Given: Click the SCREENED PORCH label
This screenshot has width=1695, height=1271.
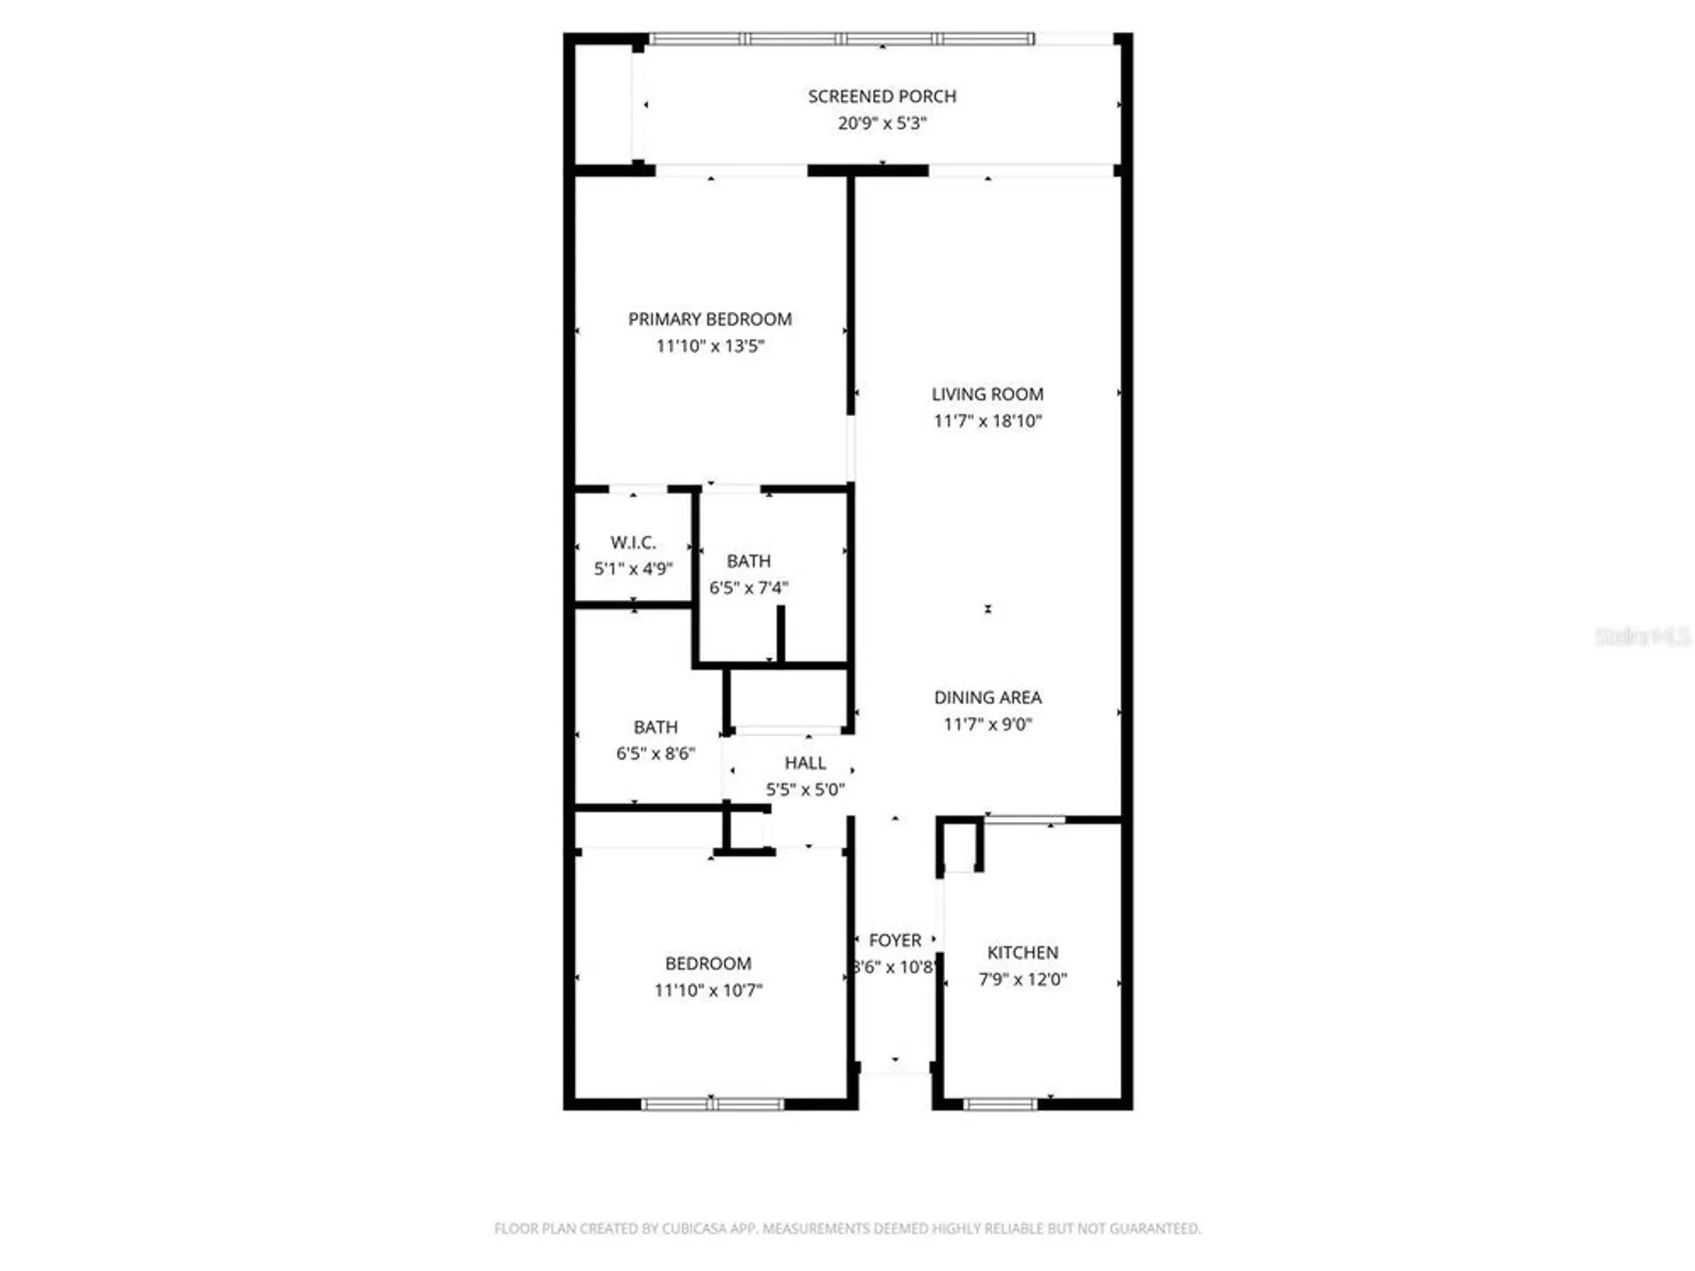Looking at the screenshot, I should tap(881, 97).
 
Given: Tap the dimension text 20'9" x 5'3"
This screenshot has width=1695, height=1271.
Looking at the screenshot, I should tap(881, 123).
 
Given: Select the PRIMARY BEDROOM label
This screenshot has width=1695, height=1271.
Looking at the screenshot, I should tap(709, 319).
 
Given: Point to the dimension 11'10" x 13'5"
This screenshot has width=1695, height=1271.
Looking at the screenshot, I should tap(709, 346).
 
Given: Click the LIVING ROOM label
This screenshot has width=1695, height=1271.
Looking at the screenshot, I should tap(987, 394).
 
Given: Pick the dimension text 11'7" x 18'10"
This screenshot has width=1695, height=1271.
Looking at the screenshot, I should tap(987, 421).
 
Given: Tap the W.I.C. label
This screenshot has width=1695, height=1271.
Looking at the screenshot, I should tap(632, 542).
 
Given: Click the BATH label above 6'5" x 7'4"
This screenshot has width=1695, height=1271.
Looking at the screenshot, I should tap(748, 561).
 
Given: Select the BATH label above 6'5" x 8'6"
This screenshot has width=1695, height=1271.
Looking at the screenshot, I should tap(655, 727).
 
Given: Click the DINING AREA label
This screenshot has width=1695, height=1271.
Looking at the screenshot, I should tap(987, 697).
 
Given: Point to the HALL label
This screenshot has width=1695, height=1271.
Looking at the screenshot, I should tap(804, 763).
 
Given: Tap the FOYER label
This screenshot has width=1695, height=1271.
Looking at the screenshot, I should tap(894, 941).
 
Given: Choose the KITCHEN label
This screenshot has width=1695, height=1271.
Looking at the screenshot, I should tap(1022, 952).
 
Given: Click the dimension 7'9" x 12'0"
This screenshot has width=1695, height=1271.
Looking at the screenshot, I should tap(1022, 980).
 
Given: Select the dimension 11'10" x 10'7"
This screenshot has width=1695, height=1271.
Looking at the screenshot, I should tap(708, 991).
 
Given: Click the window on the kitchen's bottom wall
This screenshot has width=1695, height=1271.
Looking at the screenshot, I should tap(999, 1104).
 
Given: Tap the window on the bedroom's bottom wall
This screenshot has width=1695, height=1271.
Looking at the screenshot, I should tap(712, 1104).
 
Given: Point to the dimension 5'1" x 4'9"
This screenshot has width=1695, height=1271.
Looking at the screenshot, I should tap(632, 569).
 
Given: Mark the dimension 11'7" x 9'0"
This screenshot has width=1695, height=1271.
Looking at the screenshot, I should tap(987, 724).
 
